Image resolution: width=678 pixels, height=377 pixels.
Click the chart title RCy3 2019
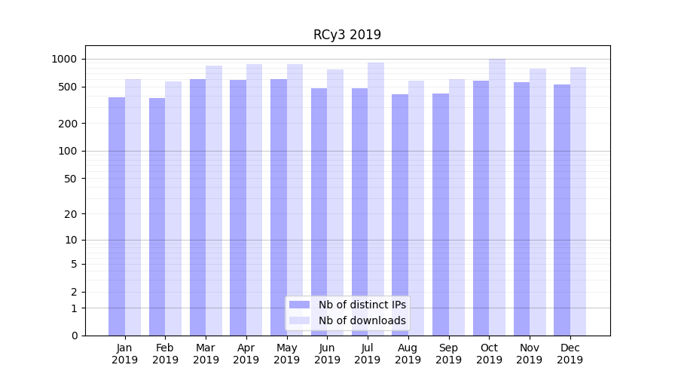(347, 35)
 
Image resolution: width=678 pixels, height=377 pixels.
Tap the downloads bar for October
(497, 197)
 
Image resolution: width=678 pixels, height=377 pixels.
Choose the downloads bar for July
(376, 199)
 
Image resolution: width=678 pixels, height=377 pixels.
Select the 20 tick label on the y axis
(71, 214)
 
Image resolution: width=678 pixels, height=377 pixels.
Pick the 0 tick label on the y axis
(74, 336)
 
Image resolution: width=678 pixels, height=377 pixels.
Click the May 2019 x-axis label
(287, 354)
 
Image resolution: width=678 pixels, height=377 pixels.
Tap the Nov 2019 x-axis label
(530, 354)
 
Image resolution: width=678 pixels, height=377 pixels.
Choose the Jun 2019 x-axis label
(327, 354)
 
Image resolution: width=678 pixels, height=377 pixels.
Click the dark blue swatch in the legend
(299, 305)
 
